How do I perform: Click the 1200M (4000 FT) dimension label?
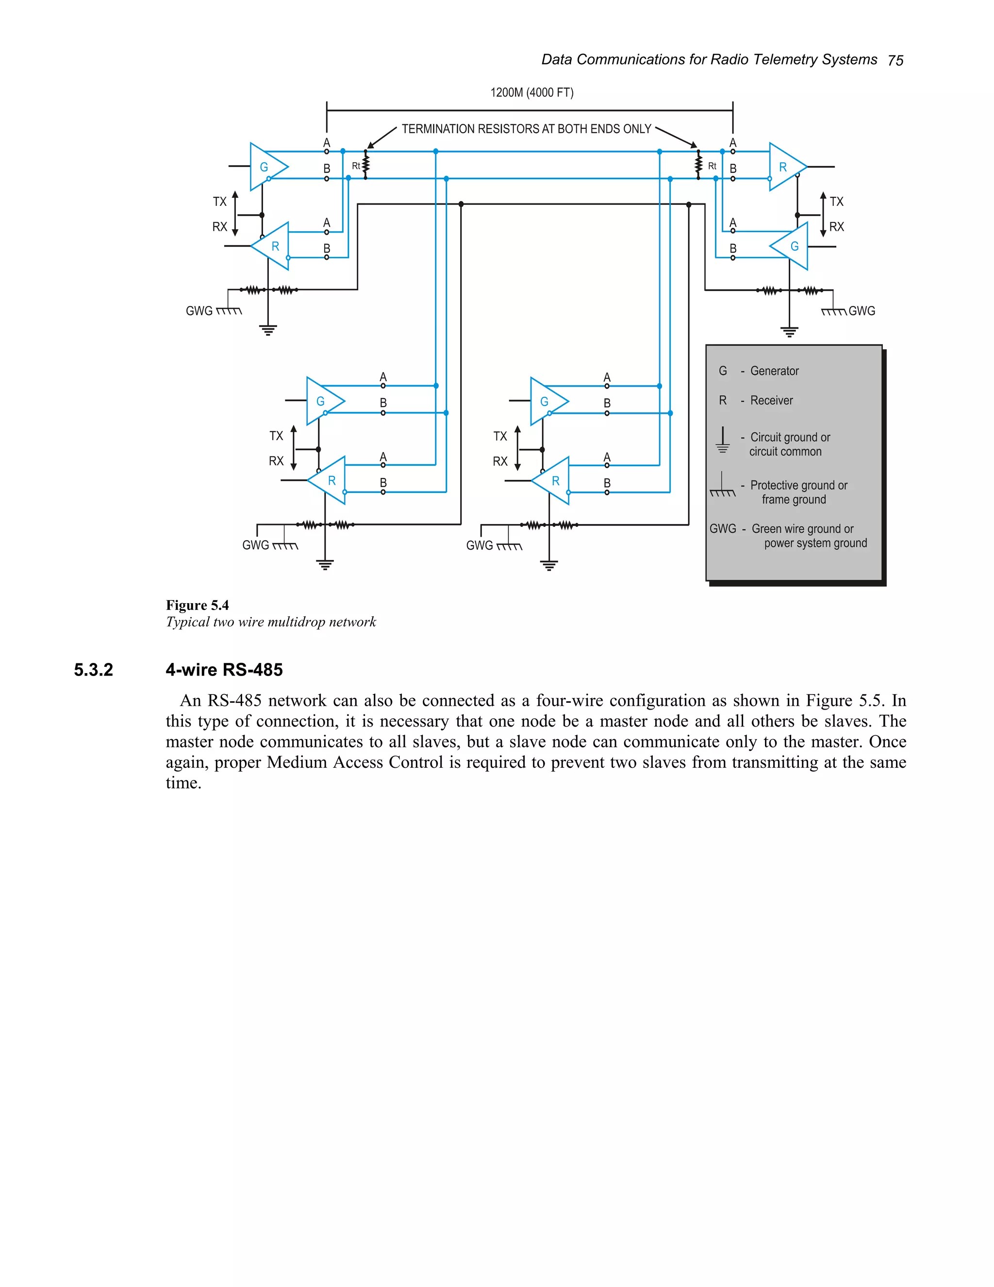click(532, 92)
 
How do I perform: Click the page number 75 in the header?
click(895, 60)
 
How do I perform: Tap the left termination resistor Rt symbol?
click(365, 165)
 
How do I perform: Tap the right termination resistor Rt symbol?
click(698, 165)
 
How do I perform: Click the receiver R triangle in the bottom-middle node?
click(553, 481)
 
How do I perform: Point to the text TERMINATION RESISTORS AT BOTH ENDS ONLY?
click(527, 129)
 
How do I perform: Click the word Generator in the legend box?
click(774, 371)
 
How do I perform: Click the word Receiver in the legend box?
click(771, 400)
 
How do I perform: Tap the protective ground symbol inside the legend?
click(722, 486)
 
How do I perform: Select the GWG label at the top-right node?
click(861, 311)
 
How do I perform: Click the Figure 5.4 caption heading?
click(197, 605)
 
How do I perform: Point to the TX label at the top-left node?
click(220, 202)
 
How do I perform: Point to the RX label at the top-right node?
click(836, 227)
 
